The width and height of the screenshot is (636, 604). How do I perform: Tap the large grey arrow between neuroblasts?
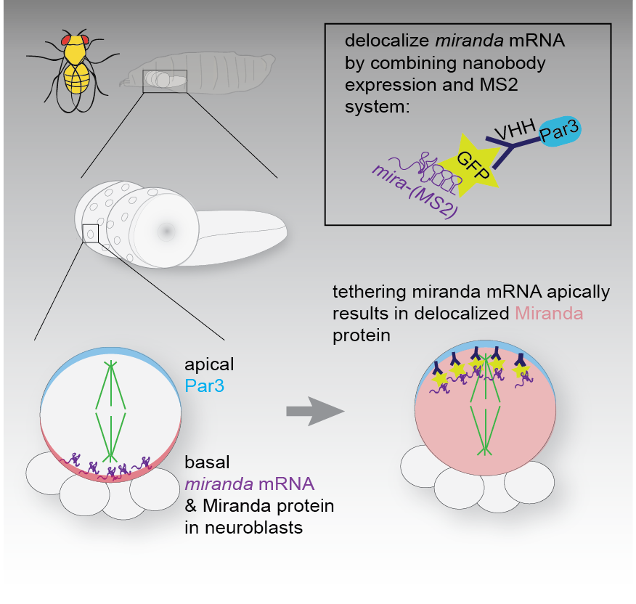click(x=314, y=412)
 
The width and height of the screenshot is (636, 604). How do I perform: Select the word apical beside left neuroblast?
click(x=210, y=364)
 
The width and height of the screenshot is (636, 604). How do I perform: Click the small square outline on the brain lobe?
click(x=91, y=234)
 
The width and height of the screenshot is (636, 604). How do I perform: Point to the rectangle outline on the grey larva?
click(x=165, y=81)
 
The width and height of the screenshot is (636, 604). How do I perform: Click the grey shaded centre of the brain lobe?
click(x=166, y=231)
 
